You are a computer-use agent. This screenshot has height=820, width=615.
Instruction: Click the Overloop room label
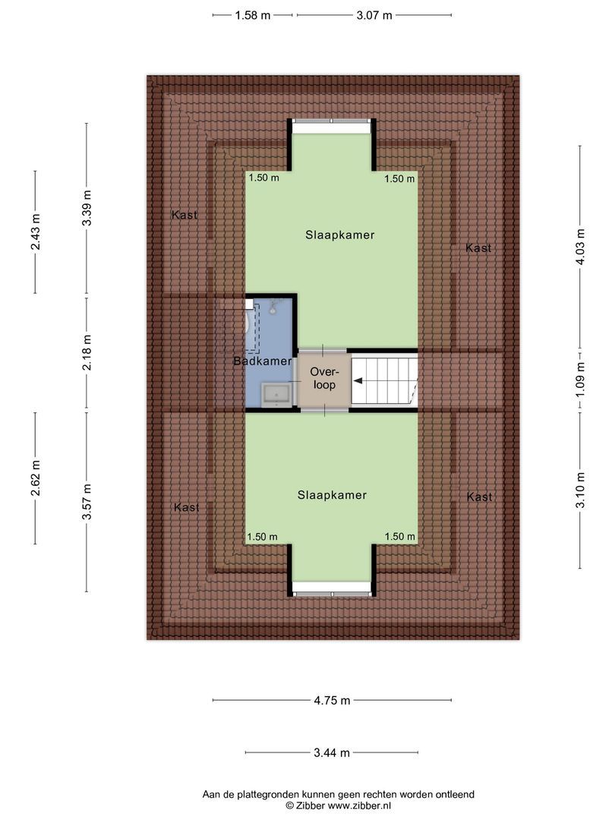[324, 378]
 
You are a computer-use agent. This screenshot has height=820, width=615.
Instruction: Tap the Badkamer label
[263, 361]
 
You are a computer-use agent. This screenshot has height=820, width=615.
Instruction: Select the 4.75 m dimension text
[333, 701]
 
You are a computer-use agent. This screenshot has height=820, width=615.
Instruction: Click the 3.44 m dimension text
[332, 753]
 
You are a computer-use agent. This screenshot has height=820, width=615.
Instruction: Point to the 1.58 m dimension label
[253, 14]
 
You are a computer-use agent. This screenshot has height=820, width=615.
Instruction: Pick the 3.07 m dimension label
[374, 14]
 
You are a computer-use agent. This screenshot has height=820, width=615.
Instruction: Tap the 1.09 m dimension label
[581, 379]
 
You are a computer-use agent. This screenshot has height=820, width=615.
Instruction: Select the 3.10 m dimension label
[581, 490]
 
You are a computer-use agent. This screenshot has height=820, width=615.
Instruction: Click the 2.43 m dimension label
[36, 231]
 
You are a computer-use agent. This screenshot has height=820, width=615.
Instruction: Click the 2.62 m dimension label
[36, 478]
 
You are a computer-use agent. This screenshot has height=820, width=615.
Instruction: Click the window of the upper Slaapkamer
[332, 121]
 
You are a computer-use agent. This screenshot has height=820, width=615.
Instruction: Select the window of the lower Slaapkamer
[332, 593]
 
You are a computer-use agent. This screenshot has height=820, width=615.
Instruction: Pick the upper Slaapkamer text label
[340, 235]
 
